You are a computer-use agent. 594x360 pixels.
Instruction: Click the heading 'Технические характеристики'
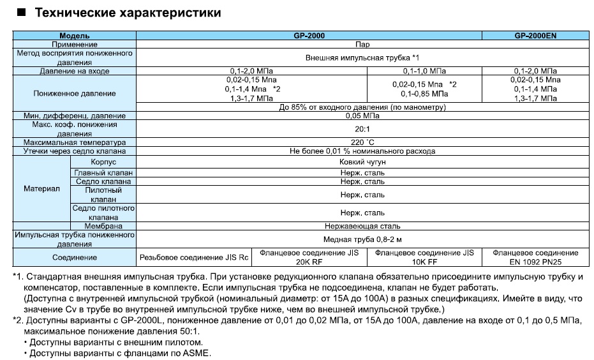coord(128,12)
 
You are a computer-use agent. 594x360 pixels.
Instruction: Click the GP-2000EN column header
coord(535,36)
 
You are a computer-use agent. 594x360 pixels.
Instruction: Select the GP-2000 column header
coord(308,36)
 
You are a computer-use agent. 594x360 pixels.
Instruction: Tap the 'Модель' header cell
coord(74,36)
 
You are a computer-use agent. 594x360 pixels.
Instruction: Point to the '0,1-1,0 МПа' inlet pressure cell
coord(424,71)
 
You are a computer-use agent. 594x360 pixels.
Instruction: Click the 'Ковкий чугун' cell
coord(362,162)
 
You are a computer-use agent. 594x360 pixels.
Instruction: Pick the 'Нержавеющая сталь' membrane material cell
coord(362,226)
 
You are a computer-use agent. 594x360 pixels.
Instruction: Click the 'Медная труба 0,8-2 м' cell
coord(362,239)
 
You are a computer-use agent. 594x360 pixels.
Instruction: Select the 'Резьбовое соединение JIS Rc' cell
coord(195,257)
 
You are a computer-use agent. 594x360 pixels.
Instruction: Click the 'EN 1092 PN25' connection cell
coord(535,262)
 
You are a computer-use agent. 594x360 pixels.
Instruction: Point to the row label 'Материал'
coord(41,190)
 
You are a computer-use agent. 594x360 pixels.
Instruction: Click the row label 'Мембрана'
coord(103,226)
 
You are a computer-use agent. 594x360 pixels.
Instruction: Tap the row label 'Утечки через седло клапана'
coord(75,151)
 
